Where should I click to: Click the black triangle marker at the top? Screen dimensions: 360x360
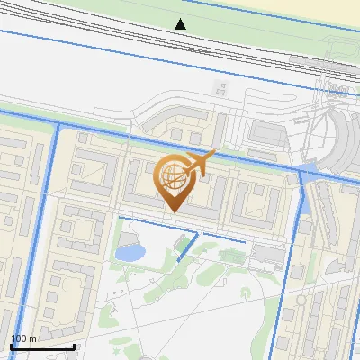(x=181, y=24)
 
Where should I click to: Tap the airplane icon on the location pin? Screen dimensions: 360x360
(x=200, y=163)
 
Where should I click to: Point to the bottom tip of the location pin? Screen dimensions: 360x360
(x=172, y=212)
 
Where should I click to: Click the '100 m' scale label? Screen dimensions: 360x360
(x=23, y=337)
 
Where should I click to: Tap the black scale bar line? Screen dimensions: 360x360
(x=42, y=346)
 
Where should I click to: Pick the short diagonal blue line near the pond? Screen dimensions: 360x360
(x=188, y=247)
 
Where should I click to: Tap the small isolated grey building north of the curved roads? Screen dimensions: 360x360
(x=219, y=87)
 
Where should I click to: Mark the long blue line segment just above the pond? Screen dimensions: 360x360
(x=148, y=220)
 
